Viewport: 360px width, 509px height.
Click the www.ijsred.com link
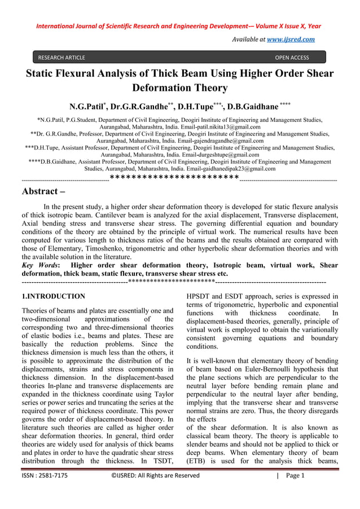tap(292, 39)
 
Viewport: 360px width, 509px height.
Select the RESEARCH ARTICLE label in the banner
tap(62, 58)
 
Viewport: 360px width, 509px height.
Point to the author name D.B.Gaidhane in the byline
tap(253, 107)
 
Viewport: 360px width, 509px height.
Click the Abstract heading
tap(43, 191)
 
